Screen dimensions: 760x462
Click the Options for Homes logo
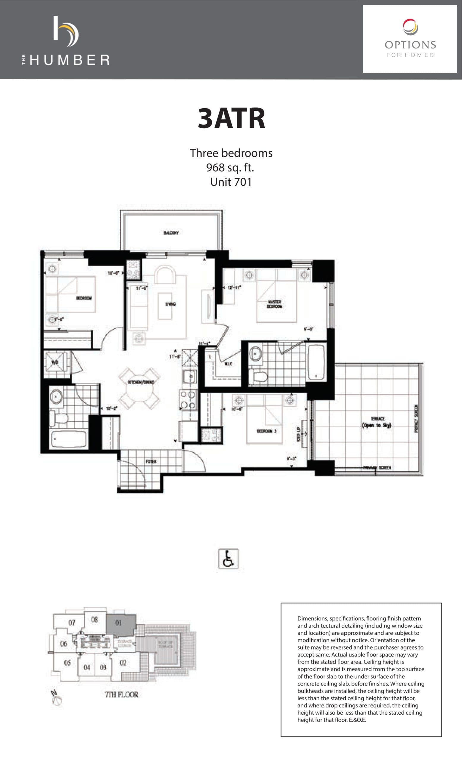(x=409, y=39)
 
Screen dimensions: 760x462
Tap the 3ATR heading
(x=231, y=118)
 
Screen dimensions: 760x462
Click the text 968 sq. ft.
(x=230, y=167)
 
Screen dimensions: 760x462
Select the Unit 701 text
(x=231, y=182)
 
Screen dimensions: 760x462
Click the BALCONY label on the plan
(x=171, y=232)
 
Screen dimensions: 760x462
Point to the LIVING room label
(x=170, y=304)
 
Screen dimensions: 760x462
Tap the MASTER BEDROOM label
(x=274, y=304)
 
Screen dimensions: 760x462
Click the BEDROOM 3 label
(x=267, y=430)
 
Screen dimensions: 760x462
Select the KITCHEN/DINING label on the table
(x=141, y=382)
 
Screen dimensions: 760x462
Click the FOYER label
(x=151, y=461)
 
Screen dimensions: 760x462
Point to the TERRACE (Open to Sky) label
(x=377, y=422)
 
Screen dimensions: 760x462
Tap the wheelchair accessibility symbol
(x=228, y=559)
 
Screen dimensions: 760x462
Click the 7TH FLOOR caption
(x=122, y=695)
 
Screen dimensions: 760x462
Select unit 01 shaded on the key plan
(x=119, y=623)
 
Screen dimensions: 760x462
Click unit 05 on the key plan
(x=67, y=663)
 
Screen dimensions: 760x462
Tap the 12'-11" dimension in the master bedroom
(x=234, y=287)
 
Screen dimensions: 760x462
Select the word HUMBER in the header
(x=70, y=60)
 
